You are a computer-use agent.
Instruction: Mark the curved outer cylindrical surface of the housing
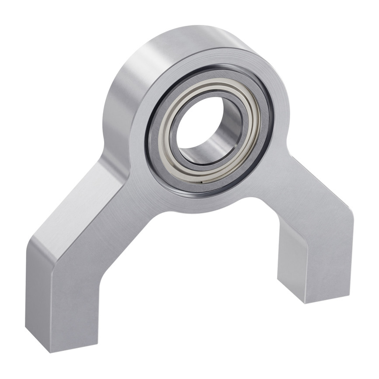pyautogui.click(x=131, y=79)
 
